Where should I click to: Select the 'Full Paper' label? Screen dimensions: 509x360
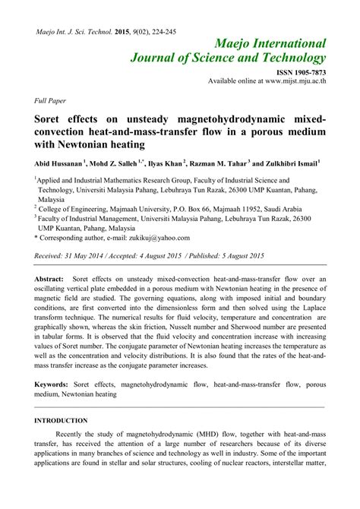coord(51,100)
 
